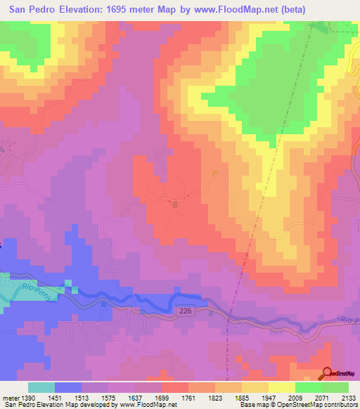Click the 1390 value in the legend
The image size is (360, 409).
[27, 397]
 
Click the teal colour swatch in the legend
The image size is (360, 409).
[41, 387]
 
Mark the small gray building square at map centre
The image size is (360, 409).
[174, 203]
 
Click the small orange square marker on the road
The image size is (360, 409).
[214, 173]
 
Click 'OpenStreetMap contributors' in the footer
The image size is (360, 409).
[317, 405]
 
